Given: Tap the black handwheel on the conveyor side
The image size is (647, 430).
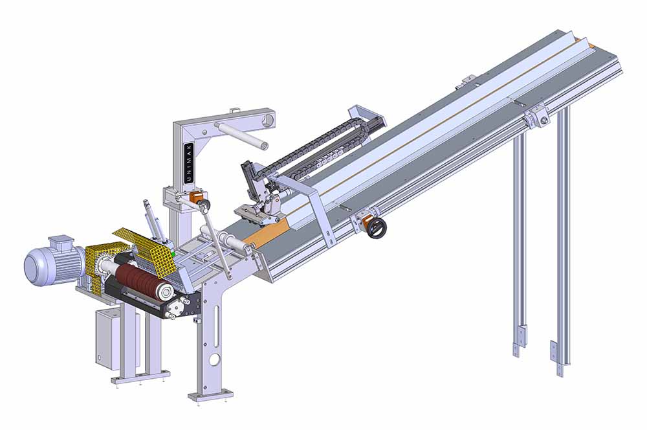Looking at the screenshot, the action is pyautogui.click(x=377, y=228).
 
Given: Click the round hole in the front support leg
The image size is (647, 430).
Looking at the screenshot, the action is pyautogui.click(x=215, y=360).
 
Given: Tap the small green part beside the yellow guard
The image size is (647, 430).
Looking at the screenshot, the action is pyautogui.click(x=173, y=254).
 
